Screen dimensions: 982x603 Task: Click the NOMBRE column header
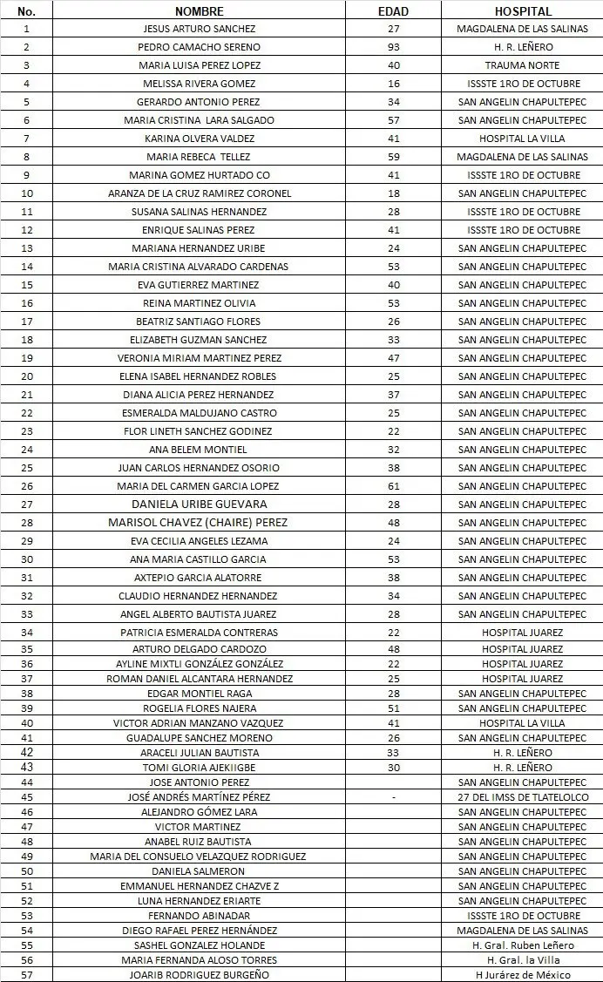pyautogui.click(x=199, y=11)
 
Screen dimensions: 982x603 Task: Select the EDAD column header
pyautogui.click(x=394, y=11)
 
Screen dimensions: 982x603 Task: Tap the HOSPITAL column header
pyautogui.click(x=522, y=11)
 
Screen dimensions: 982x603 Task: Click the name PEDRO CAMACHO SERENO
pyautogui.click(x=199, y=47)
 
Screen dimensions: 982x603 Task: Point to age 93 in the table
pyautogui.click(x=394, y=47)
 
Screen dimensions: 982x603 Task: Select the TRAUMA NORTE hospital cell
pyautogui.click(x=522, y=65)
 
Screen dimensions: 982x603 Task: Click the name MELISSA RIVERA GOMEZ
pyautogui.click(x=199, y=84)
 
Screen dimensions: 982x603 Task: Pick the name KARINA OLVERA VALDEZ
pyautogui.click(x=199, y=139)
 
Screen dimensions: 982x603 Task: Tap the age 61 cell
pyautogui.click(x=394, y=486)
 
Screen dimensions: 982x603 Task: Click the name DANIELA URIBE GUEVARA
pyautogui.click(x=199, y=505)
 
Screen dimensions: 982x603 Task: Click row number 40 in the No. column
pyautogui.click(x=27, y=723)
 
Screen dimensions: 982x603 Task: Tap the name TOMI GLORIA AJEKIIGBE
pyautogui.click(x=200, y=768)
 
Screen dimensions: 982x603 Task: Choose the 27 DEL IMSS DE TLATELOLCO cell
pyautogui.click(x=522, y=797)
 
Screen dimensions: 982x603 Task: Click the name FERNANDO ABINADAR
pyautogui.click(x=199, y=916)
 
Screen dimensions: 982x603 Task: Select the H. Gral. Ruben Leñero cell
pyautogui.click(x=522, y=945)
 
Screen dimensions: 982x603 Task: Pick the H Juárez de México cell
pyautogui.click(x=522, y=975)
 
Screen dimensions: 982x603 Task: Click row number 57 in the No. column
pyautogui.click(x=27, y=975)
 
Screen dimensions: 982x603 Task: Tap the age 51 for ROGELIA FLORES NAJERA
pyautogui.click(x=394, y=708)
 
